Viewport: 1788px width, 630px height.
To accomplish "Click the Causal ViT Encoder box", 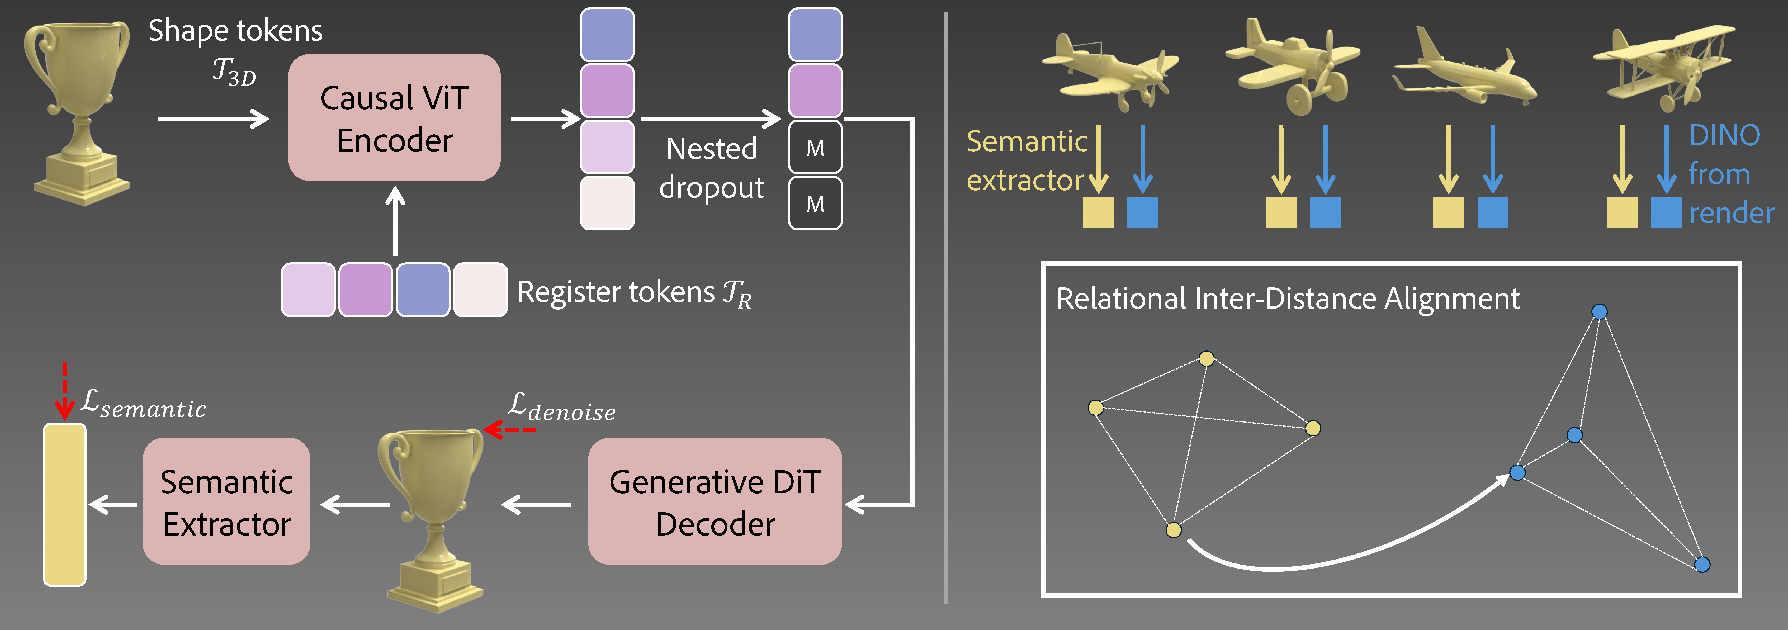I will click(x=394, y=118).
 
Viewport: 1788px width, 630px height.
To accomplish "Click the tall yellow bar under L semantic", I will click(x=65, y=504).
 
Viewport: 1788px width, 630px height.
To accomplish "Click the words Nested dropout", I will click(x=711, y=168).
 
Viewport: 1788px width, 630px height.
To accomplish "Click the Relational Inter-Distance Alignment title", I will click(x=1288, y=299).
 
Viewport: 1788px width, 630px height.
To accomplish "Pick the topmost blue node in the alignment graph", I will click(x=1599, y=311).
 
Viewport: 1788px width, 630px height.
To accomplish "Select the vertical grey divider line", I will click(x=946, y=305).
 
